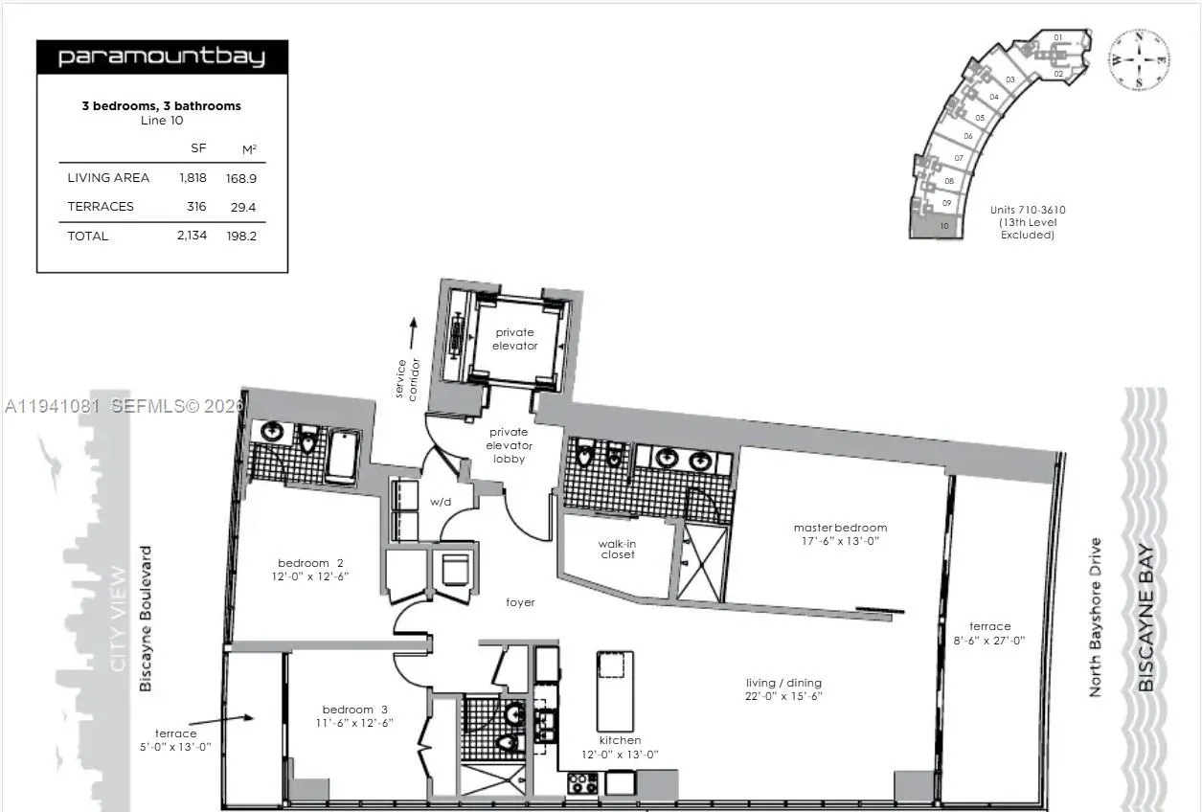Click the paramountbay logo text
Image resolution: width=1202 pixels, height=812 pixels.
[x=161, y=56]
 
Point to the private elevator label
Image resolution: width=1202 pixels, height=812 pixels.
[x=515, y=339]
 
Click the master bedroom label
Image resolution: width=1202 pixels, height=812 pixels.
[x=840, y=533]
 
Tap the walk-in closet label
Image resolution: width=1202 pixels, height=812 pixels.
[x=618, y=549]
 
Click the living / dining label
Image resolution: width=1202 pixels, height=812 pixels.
[x=784, y=689]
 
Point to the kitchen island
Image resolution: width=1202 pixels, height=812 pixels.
[x=615, y=689]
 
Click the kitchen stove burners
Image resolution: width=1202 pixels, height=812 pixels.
[x=582, y=782]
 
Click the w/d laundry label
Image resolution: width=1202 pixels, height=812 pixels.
[x=441, y=501]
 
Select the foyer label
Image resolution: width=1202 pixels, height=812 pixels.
[x=520, y=602]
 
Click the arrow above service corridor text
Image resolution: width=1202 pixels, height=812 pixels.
[x=413, y=335]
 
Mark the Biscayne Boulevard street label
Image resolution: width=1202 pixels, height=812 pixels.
[x=146, y=619]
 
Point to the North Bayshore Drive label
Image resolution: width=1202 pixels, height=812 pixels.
[x=1096, y=617]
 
